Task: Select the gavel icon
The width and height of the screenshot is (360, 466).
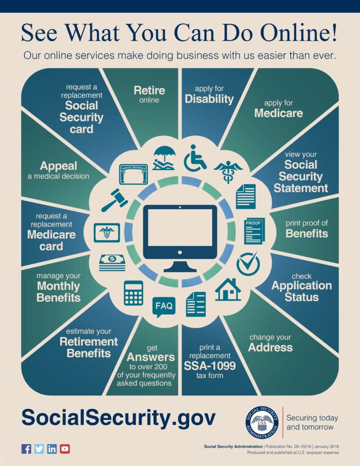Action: click(x=114, y=200)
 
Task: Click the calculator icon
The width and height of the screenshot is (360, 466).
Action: click(x=133, y=293)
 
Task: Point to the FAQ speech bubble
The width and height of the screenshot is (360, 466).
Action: click(x=164, y=306)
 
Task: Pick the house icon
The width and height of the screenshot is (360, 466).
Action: click(x=228, y=289)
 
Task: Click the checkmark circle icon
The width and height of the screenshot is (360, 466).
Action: click(x=248, y=263)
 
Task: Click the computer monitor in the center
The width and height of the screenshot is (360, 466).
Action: click(x=180, y=237)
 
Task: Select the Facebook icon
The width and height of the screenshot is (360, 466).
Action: click(x=26, y=449)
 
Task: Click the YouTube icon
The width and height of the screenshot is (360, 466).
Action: click(x=65, y=449)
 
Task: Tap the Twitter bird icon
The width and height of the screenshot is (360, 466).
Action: click(x=39, y=449)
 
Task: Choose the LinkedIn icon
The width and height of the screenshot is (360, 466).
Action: click(x=52, y=449)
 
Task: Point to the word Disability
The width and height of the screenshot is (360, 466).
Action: click(x=209, y=99)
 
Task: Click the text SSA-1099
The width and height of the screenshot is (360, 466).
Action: click(x=210, y=365)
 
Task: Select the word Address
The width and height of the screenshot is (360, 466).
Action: click(x=270, y=347)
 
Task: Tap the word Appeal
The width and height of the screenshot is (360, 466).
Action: click(x=58, y=166)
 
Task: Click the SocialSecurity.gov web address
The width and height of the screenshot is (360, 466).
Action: click(x=119, y=417)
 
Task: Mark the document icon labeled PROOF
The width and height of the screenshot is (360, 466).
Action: click(x=254, y=231)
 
